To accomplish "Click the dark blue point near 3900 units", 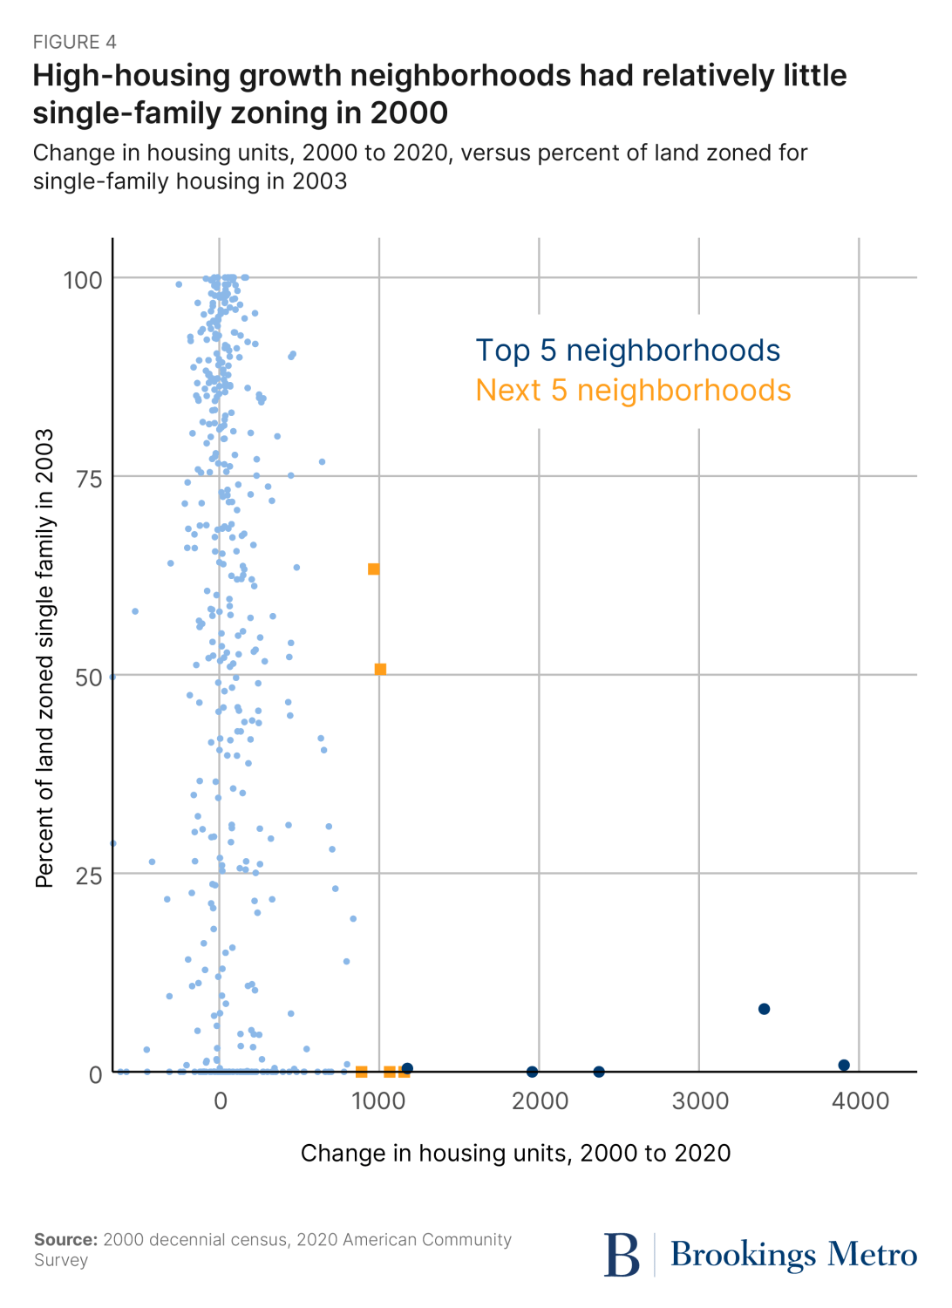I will [x=844, y=1065].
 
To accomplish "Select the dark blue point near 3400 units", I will [x=764, y=1009].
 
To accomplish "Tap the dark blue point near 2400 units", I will [x=599, y=1072].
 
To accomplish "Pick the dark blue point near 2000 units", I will [x=532, y=1072].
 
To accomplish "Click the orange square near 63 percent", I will [x=373, y=569].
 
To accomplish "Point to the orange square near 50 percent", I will [x=380, y=670].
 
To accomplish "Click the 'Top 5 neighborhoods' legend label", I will [x=628, y=351].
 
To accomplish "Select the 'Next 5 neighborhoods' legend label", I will [x=633, y=391].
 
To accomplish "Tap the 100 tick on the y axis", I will [x=83, y=280].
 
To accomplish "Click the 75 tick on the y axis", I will [x=88, y=479].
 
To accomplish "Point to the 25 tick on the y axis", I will [x=88, y=875].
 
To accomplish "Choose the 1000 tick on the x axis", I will [x=378, y=1100].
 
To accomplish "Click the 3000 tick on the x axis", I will [x=700, y=1100].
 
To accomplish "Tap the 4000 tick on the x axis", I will [x=860, y=1100].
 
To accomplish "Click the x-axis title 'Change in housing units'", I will [x=515, y=1153].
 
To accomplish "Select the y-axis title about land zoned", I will [x=45, y=658].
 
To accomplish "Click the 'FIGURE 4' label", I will [x=75, y=42].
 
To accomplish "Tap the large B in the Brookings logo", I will [x=622, y=1256].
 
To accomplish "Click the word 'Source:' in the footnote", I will [x=65, y=1240].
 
